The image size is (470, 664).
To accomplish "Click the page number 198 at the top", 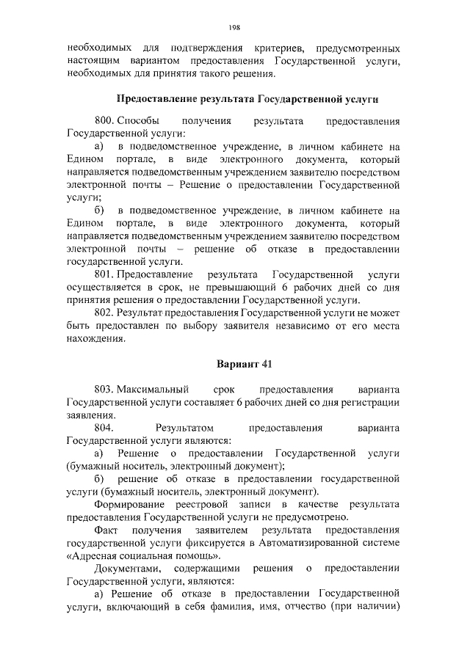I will pyautogui.click(x=234, y=27).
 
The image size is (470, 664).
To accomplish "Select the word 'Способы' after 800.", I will pyautogui.click(x=135, y=120).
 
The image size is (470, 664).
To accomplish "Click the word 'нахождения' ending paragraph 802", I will pyautogui.click(x=95, y=339).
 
